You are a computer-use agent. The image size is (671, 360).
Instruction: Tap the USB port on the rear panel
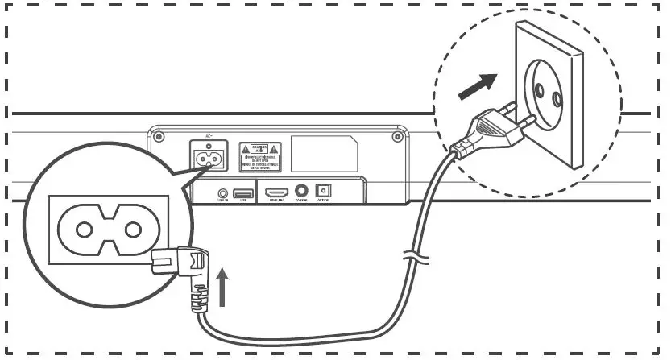tap(242, 193)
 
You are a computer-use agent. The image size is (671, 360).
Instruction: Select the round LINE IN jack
tap(222, 193)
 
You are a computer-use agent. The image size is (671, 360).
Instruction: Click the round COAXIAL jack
tap(301, 192)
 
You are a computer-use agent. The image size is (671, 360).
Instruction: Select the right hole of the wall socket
tap(557, 98)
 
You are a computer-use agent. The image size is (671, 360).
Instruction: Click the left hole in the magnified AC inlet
tap(85, 230)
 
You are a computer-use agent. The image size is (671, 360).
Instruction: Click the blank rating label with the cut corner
tap(324, 153)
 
